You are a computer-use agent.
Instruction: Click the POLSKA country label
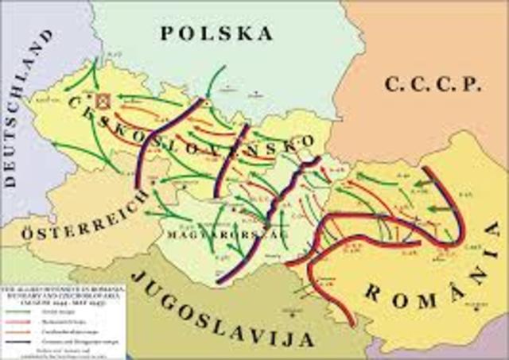pyautogui.click(x=216, y=33)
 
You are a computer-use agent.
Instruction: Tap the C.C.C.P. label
pyautogui.click(x=433, y=83)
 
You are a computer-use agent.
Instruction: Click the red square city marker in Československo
pyautogui.click(x=103, y=102)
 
